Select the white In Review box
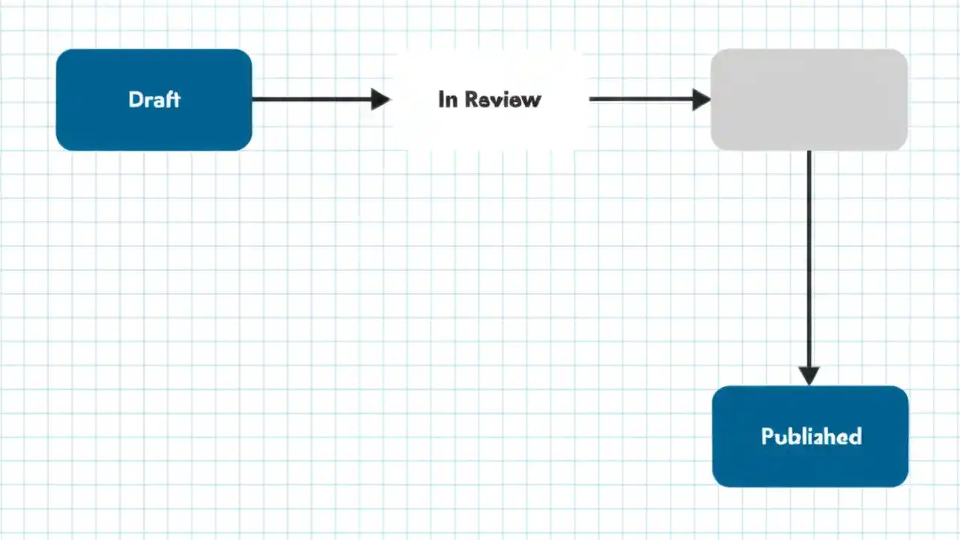tap(489, 124)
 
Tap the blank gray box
tap(808, 99)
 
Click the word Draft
tap(154, 99)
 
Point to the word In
tap(448, 99)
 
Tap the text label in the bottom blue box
tap(811, 436)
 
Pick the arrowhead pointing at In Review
tap(380, 99)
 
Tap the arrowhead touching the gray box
tap(701, 99)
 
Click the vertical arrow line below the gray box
tap(808, 255)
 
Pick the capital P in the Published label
tap(767, 436)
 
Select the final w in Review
tap(532, 100)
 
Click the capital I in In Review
tap(441, 99)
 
